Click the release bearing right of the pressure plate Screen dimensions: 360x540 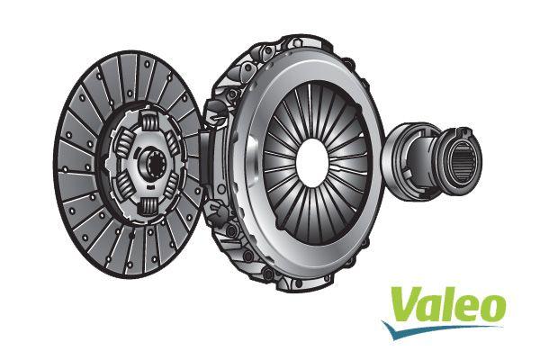tap(432, 157)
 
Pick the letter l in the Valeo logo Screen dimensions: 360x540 tap(452, 301)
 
